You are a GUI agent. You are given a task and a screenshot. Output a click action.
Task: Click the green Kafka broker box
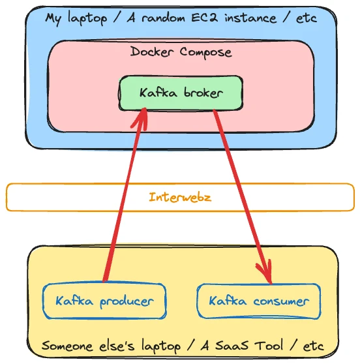point(181,93)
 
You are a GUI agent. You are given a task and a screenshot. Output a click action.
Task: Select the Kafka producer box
point(104,301)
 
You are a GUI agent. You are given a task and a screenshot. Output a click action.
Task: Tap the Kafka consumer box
point(258,301)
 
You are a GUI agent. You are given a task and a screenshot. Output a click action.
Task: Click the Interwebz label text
point(180,197)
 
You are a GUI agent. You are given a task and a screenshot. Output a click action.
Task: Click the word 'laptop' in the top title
point(87,18)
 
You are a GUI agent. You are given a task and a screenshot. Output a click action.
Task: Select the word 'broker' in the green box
point(202,93)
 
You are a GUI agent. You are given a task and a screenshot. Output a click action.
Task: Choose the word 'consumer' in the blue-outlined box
point(280,301)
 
